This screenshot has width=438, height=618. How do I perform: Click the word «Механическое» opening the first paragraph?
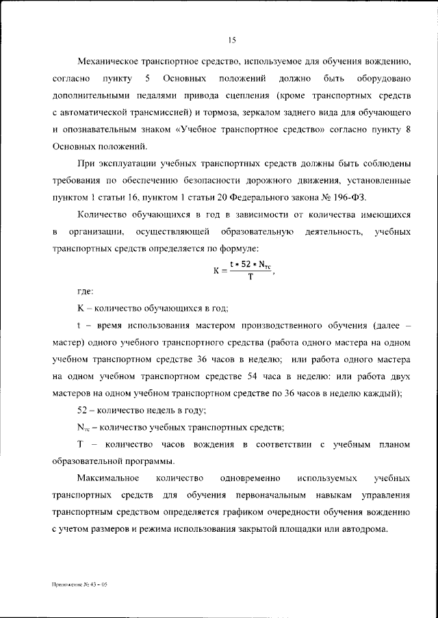tap(111, 62)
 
